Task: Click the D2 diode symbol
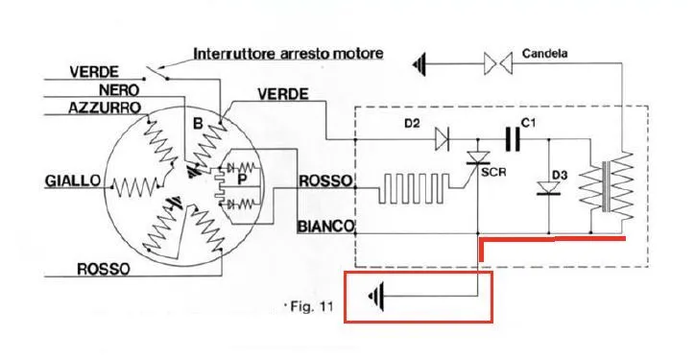click(442, 139)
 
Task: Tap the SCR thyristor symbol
click(478, 158)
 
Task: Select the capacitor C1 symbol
click(513, 139)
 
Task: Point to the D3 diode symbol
click(549, 188)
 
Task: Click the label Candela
click(544, 54)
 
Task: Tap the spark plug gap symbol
click(498, 64)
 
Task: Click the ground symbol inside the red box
click(376, 296)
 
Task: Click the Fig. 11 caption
click(312, 306)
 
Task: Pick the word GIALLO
click(73, 180)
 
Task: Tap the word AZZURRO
click(105, 108)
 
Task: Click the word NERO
click(119, 90)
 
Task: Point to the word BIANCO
click(325, 227)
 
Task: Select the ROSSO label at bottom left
click(104, 269)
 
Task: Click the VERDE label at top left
click(94, 72)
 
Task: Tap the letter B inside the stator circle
click(198, 124)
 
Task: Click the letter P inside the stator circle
click(242, 180)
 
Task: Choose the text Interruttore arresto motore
click(288, 54)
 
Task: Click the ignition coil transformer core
click(605, 186)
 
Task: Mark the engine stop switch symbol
click(157, 73)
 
